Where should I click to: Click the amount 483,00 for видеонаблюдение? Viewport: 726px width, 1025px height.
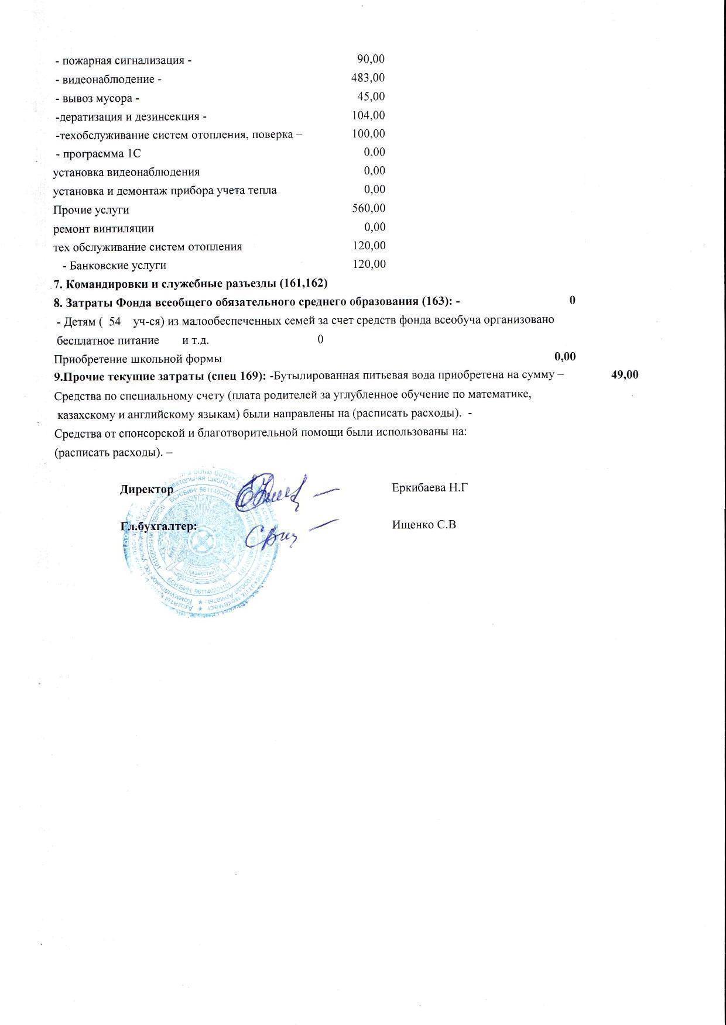coord(368,78)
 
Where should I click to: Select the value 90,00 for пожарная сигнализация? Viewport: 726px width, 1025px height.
coord(371,59)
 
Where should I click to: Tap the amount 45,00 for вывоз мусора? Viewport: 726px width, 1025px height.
coord(371,97)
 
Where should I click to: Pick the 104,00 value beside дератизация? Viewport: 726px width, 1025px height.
coord(368,115)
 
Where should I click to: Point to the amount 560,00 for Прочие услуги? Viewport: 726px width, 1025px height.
coord(369,208)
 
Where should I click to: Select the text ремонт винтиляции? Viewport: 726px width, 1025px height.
coord(104,229)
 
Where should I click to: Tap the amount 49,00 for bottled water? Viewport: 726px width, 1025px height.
coord(625,374)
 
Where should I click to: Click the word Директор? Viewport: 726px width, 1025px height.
coord(146,490)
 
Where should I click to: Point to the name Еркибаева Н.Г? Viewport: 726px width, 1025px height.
coord(430,487)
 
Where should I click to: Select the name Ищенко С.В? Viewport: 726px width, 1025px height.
coord(424,525)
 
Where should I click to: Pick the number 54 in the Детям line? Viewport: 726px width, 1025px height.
coord(115,321)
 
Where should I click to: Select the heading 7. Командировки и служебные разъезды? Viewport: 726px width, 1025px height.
coord(191,284)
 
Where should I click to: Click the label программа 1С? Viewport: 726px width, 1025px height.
coord(98,154)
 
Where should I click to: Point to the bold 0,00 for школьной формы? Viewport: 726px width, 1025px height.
coord(565,357)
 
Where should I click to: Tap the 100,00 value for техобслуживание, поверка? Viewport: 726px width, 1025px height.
coord(368,134)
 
